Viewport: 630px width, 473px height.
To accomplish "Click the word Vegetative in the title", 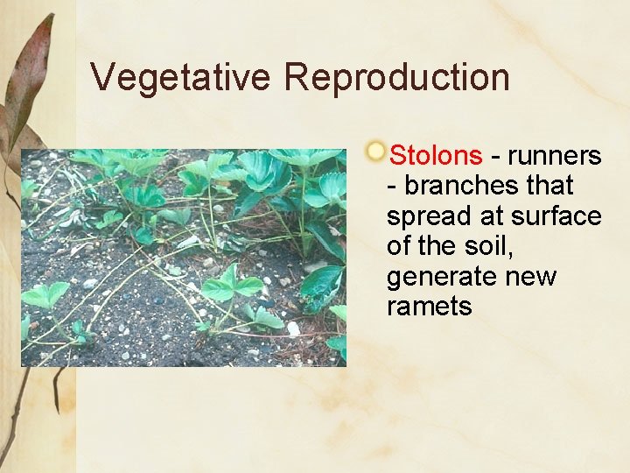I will point(181,77).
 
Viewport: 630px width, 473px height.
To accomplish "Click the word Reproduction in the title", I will point(396,77).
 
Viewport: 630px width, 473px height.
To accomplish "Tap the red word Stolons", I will point(435,156).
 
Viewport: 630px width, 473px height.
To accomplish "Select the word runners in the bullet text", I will point(554,156).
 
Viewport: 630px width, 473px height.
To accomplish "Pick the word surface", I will point(559,216).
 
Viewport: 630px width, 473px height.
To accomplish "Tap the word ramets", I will point(429,307).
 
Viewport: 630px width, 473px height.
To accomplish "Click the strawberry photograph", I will point(183,258).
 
